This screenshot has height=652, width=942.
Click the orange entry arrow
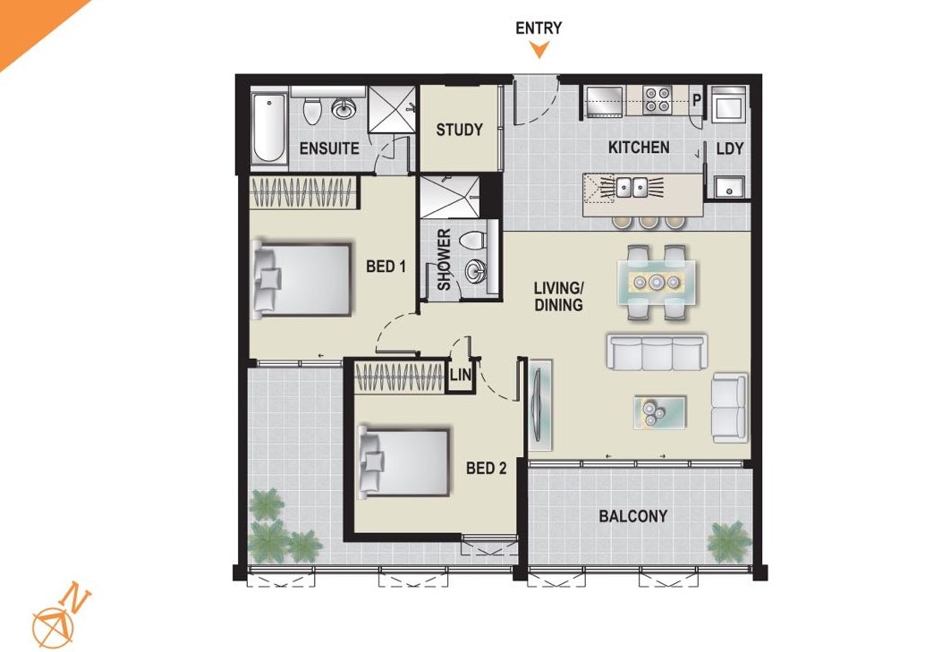coord(539,49)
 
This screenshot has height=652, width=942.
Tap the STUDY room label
coord(460,130)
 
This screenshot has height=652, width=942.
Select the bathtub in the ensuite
coord(268,127)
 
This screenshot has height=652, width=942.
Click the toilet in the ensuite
coord(312,110)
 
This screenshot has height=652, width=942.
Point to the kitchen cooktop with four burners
coord(658,100)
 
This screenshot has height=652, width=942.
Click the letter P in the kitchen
coord(697,99)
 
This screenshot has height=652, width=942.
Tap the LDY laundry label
coord(730,148)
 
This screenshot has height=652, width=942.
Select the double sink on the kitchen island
coord(632,187)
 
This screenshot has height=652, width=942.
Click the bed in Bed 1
coord(301,280)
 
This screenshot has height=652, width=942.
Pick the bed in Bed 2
coord(404,462)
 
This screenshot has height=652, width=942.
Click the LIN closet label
coord(460,376)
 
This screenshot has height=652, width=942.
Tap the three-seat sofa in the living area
coord(656,352)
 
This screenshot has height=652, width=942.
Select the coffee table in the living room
coord(659,411)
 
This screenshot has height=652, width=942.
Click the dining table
coord(658,282)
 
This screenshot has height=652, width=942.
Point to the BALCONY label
coord(633,516)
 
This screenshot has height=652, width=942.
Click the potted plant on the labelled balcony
coord(729,541)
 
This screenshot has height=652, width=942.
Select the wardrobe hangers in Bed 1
coord(301,192)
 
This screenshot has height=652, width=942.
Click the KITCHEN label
coord(639,148)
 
